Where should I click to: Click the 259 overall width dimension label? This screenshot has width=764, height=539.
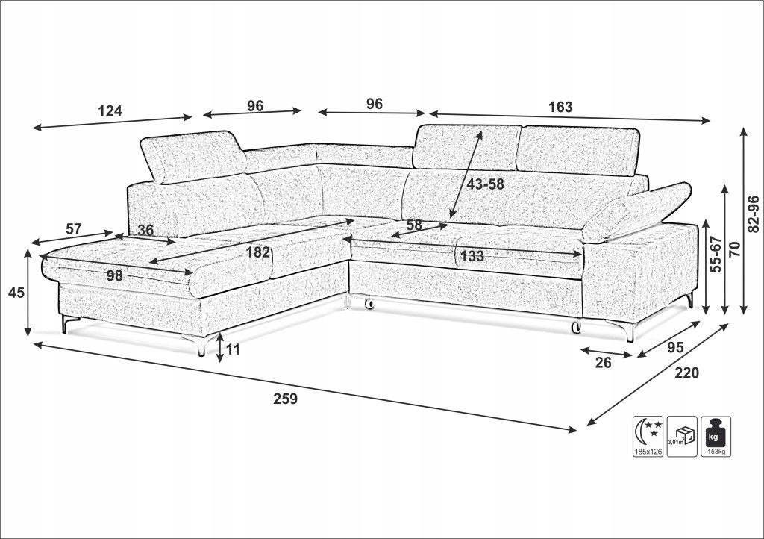coord(285,399)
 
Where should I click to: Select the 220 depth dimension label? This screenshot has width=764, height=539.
coord(686,373)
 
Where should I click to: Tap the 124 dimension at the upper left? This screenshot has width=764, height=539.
coord(110,111)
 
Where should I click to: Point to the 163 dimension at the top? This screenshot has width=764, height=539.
coord(560,107)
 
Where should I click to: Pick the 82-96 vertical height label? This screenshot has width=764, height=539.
coord(753,215)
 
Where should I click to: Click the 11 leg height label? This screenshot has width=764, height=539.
coord(233,349)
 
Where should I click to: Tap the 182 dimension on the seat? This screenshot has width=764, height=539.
coord(258,252)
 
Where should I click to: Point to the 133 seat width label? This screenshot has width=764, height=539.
coord(472,256)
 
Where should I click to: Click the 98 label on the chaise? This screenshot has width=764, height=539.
coord(114,275)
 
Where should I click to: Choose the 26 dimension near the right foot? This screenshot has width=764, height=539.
coord(604,363)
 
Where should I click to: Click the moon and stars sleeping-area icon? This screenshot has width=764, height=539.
coord(648,432)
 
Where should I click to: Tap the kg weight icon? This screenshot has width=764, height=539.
coord(716,432)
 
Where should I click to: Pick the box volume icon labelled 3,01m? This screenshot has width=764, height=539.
coord(682,432)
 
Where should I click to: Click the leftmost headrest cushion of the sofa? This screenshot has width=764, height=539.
coord(193,156)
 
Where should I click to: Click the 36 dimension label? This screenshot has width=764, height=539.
coord(145,231)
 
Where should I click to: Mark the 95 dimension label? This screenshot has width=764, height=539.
coord(676,347)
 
